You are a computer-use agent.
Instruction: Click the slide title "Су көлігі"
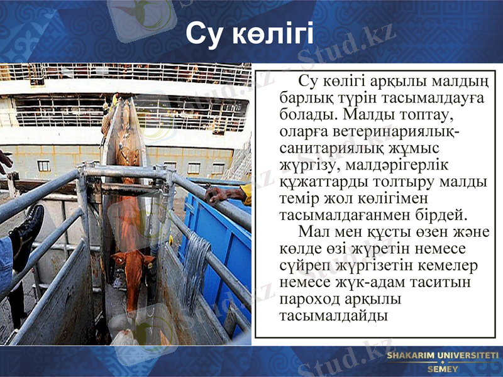click(x=250, y=35)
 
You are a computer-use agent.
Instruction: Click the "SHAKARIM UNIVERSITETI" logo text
click(x=443, y=356)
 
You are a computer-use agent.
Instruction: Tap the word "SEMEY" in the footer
click(x=443, y=369)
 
